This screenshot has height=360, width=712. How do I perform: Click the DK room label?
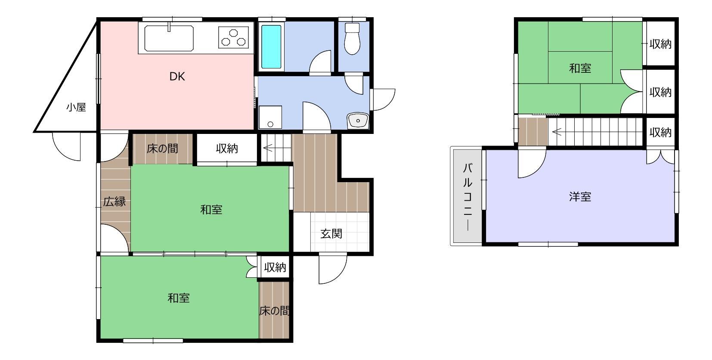click(177, 77)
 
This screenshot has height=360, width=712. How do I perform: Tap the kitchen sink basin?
click(169, 38)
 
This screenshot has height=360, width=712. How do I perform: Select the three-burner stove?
click(234, 37)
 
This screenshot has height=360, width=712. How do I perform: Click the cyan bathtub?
click(271, 47)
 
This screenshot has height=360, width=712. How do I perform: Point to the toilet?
click(352, 38)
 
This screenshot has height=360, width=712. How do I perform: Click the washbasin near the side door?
click(358, 121)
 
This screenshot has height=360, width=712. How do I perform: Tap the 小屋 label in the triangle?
click(76, 107)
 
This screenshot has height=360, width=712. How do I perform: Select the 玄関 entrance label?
click(331, 234)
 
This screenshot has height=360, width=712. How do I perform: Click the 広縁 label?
click(115, 202)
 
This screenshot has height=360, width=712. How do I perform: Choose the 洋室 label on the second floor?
click(580, 197)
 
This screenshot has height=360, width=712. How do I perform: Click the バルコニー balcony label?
click(467, 196)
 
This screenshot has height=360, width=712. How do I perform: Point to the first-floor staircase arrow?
click(268, 148)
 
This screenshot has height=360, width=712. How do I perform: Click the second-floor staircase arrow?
click(557, 131)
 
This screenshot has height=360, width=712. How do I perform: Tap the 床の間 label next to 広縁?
click(162, 149)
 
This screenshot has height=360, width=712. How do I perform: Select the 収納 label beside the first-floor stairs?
click(227, 148)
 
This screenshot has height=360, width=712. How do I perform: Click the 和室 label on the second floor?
click(580, 68)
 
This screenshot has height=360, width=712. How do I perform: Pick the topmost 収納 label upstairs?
click(660, 44)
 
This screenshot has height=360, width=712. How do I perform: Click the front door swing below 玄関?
click(333, 270)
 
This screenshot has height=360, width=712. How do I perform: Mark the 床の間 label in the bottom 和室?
click(274, 311)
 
